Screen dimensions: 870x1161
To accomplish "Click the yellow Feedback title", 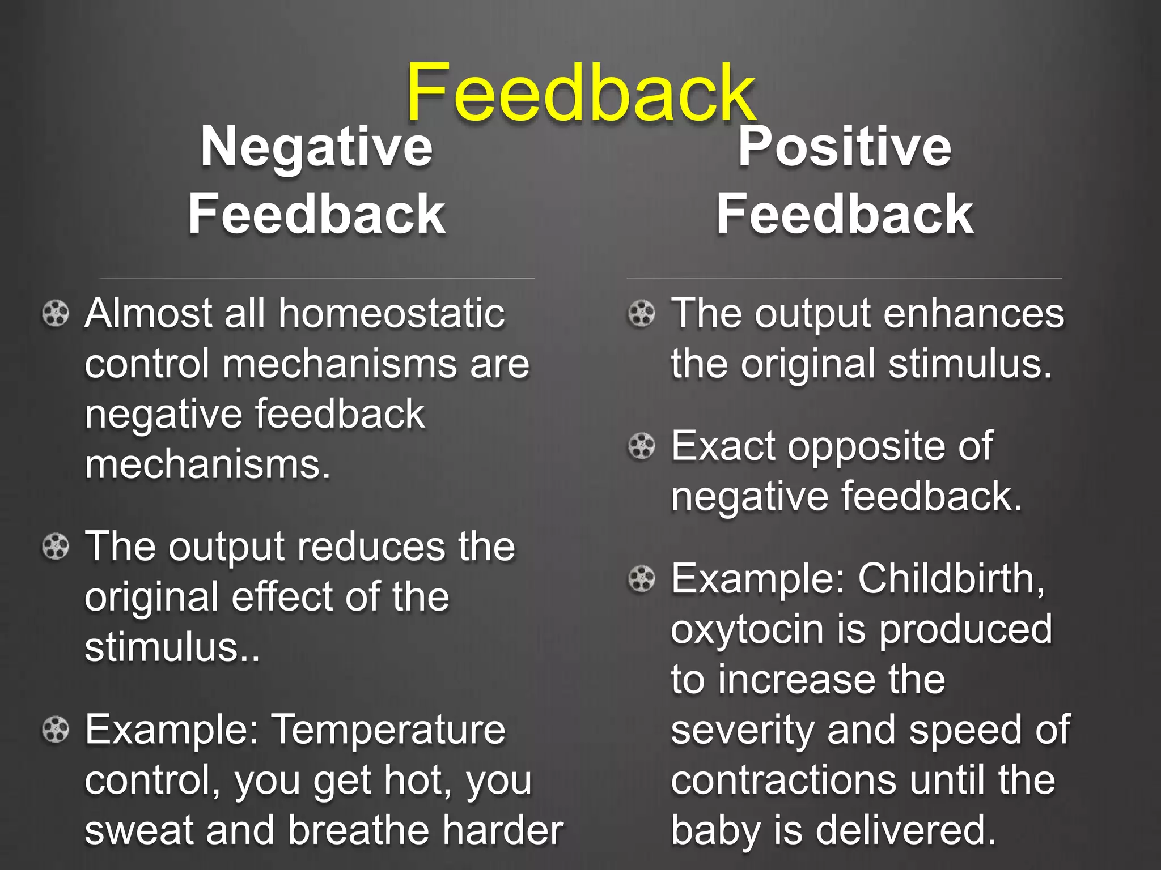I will [580, 93].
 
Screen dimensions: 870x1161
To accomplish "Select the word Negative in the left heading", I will [316, 147].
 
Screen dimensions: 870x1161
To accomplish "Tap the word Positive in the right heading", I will [844, 147].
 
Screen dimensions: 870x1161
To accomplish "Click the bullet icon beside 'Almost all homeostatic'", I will [56, 313].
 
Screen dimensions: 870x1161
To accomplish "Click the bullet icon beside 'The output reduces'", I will [56, 547].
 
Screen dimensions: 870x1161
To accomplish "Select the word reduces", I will [371, 548].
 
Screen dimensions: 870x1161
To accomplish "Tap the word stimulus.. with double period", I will [172, 647].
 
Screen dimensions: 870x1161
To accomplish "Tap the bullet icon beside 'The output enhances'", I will [642, 313].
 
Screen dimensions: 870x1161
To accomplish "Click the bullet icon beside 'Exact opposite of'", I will [642, 447].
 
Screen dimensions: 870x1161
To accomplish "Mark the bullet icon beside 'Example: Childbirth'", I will [642, 579].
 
